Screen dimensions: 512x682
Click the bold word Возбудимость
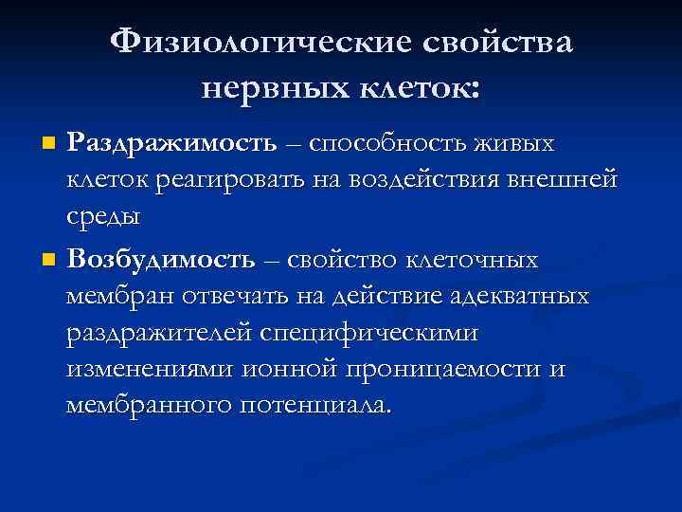[162, 260]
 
